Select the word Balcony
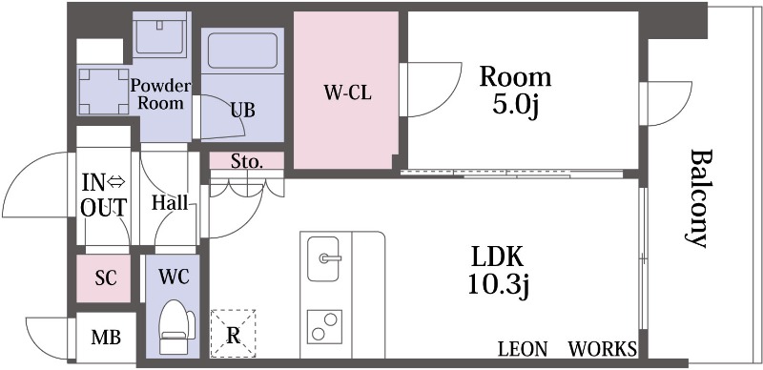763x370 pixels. point(700,198)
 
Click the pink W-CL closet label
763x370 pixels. point(346,93)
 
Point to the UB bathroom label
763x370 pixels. point(241,110)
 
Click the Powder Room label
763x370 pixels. point(161,92)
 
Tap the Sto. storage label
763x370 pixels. point(246,161)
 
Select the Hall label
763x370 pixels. point(169,202)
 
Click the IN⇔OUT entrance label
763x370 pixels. point(103,194)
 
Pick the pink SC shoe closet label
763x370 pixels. point(105,278)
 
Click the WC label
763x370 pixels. point(173,277)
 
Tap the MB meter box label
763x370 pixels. point(105,337)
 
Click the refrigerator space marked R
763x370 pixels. point(233,333)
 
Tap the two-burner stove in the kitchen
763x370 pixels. point(327,327)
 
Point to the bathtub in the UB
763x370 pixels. point(241,52)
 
